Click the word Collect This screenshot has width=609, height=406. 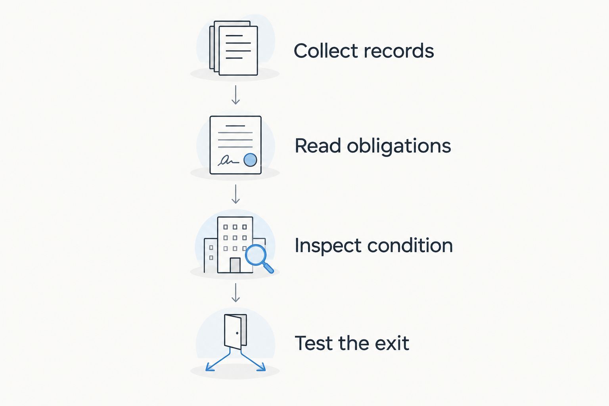coord(326,51)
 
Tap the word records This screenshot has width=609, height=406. coord(399,51)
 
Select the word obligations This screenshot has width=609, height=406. coord(399,146)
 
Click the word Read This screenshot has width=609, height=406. coord(318,146)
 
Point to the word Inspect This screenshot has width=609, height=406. coord(328,246)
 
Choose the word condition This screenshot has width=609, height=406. coord(410,245)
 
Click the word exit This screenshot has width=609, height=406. coord(392,343)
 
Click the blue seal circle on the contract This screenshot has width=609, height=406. coord(250,160)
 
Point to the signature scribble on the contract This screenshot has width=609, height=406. coord(228,161)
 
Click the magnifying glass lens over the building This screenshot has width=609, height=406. coord(256,255)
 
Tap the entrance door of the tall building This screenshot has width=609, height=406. coord(235,265)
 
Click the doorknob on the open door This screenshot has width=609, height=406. coord(237,333)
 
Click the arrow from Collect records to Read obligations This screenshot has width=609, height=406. coord(236,95)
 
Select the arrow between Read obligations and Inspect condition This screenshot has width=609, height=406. coord(236,194)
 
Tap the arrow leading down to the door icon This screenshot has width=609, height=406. coord(236,293)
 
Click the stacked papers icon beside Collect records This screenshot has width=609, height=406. coord(234,48)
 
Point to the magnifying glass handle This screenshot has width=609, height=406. coord(268,268)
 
